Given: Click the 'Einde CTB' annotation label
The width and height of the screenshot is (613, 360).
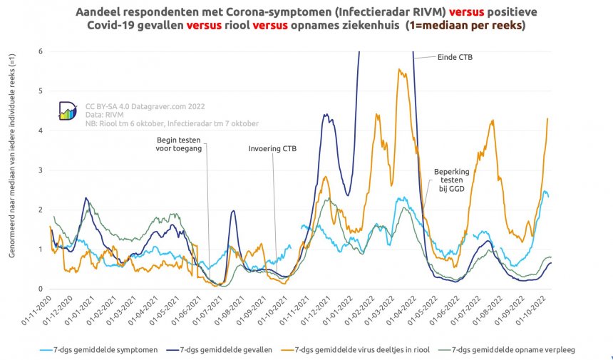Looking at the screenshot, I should (x=455, y=57).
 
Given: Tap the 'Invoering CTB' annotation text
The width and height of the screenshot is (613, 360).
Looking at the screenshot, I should (x=272, y=149).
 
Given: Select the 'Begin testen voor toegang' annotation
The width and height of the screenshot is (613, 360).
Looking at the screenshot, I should (x=179, y=144).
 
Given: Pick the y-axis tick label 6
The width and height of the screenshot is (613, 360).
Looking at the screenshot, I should (x=41, y=51).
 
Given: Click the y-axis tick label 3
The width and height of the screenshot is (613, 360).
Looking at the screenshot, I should (x=41, y=170).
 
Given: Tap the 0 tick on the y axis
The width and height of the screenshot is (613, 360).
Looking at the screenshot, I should (x=41, y=289).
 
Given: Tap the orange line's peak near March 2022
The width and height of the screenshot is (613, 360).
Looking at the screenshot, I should (x=399, y=69).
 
